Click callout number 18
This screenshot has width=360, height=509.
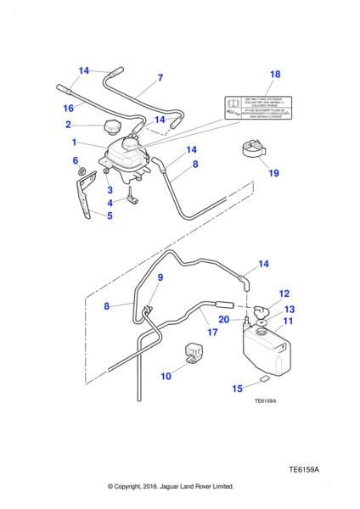274,75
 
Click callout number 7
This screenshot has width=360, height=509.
159,78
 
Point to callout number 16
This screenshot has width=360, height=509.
69,108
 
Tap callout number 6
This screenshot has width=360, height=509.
75,160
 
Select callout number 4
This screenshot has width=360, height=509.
110,203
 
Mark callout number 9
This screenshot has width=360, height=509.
159,277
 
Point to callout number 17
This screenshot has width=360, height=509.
211,333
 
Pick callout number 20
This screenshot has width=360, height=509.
223,320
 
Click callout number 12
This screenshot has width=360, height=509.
284,294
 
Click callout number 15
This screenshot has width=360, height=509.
239,389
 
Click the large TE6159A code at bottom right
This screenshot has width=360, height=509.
308,467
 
